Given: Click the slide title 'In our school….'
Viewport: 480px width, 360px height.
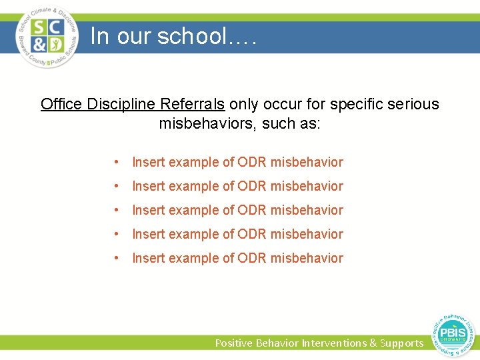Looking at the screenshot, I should click(x=173, y=36).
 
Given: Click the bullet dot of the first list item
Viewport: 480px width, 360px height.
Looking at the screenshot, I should click(x=117, y=162).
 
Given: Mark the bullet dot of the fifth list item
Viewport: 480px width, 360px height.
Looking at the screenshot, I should click(x=117, y=258).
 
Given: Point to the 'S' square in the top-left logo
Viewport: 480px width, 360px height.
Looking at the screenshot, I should click(x=39, y=27).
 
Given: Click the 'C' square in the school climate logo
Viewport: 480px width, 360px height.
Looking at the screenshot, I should click(x=55, y=27).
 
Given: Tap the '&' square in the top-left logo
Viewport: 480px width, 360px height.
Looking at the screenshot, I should click(x=39, y=45).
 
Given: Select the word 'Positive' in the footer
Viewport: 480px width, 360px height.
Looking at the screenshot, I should click(x=234, y=343).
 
